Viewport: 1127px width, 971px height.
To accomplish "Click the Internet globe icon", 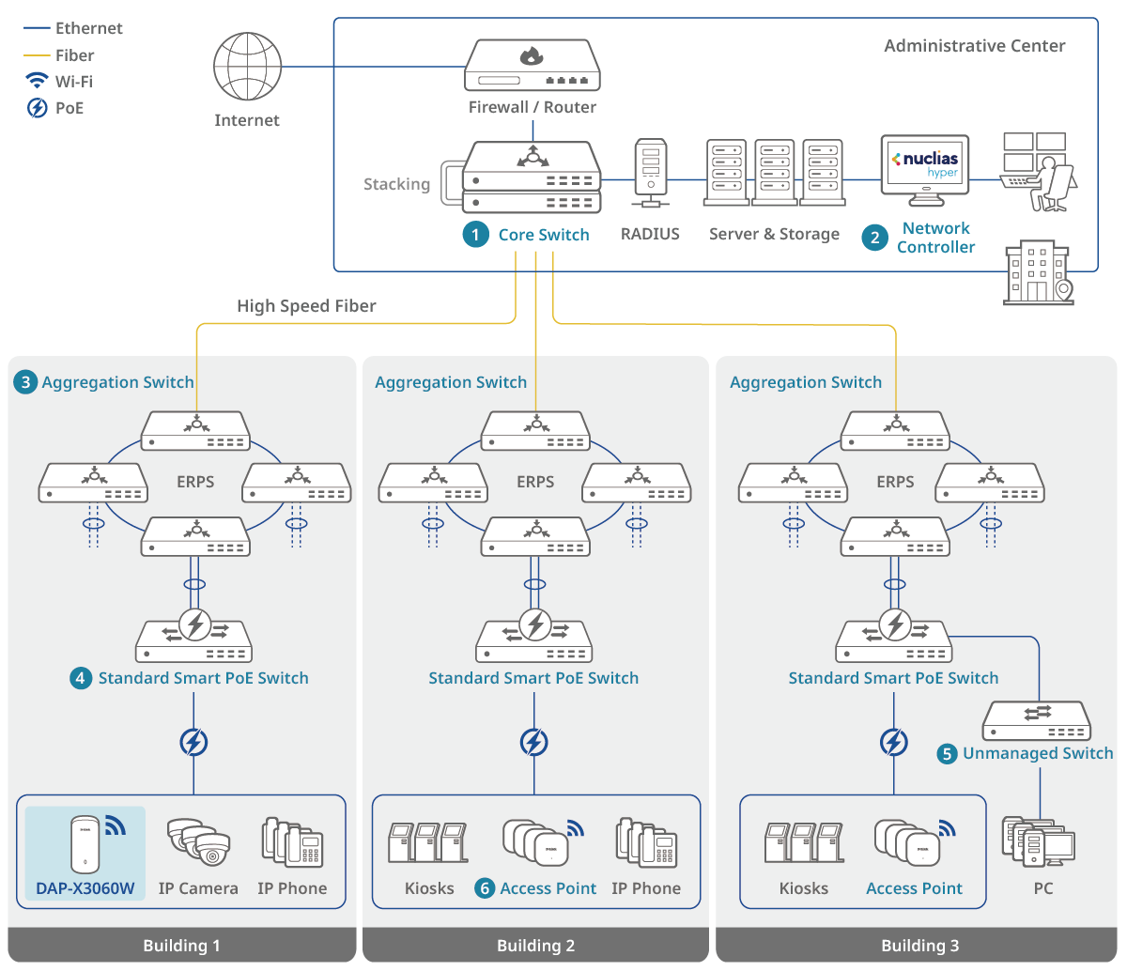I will [x=247, y=68].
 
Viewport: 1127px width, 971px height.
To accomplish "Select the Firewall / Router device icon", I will [x=533, y=66].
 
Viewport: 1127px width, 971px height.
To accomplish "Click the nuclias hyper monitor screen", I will [x=925, y=165].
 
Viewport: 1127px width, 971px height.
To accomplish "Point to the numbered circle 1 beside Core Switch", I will [x=476, y=235].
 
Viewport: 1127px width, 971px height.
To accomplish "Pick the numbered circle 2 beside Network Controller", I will [x=875, y=238].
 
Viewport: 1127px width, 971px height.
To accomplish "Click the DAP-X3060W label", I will [x=85, y=888].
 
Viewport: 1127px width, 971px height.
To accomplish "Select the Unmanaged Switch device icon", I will [x=1038, y=721].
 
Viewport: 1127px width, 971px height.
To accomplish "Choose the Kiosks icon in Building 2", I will [x=428, y=842].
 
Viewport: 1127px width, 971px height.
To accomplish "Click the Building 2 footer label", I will [x=535, y=946].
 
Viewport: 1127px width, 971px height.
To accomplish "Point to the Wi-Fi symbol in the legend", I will [x=37, y=81].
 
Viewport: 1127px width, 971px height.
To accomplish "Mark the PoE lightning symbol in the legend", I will [x=37, y=108].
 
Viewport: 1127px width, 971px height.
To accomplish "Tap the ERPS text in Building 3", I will [x=895, y=482].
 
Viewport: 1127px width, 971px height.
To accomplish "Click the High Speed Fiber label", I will [x=306, y=306].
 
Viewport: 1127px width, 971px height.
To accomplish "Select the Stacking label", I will [x=396, y=184].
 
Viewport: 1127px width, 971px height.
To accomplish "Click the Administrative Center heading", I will [x=975, y=46].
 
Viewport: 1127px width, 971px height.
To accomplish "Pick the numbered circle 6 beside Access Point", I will [x=485, y=888].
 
